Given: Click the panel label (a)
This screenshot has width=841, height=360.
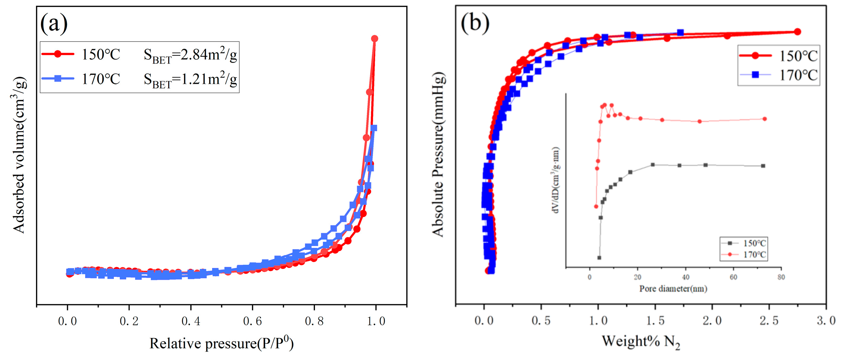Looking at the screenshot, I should point(54,24).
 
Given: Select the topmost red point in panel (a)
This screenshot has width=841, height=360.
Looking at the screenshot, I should point(374,38).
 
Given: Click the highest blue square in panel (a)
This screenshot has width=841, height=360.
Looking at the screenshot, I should point(373,128).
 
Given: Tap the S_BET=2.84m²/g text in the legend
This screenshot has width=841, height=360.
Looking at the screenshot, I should point(190,55).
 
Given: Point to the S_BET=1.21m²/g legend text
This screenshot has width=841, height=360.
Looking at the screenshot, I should point(190,80).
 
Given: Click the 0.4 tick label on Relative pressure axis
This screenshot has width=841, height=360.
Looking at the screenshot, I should point(191,321).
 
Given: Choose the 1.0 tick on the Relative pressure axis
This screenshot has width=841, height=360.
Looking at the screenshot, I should point(376,321).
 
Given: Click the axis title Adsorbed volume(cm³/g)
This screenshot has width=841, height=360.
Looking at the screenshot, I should point(19,155).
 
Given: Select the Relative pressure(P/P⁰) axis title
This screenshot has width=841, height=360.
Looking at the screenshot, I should point(221,343).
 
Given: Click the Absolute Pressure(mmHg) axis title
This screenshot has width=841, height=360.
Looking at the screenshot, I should point(438,155).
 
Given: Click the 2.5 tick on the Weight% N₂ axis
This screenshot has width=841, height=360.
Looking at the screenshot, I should point(769,321).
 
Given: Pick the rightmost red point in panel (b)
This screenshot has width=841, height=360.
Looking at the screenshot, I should point(797,32).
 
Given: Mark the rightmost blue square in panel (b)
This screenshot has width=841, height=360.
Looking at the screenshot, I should point(680,33).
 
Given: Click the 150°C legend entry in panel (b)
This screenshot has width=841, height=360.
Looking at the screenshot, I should point(779,56).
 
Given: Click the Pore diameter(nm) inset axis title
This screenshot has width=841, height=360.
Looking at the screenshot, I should point(673,289).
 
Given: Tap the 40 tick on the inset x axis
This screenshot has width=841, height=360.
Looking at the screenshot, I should point(685,277).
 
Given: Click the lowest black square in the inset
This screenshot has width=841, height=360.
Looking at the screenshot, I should point(599,258).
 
